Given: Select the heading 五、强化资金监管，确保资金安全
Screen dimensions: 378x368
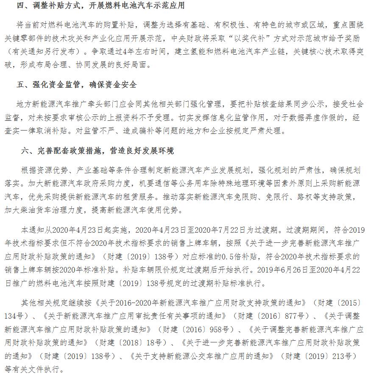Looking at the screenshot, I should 77,84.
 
